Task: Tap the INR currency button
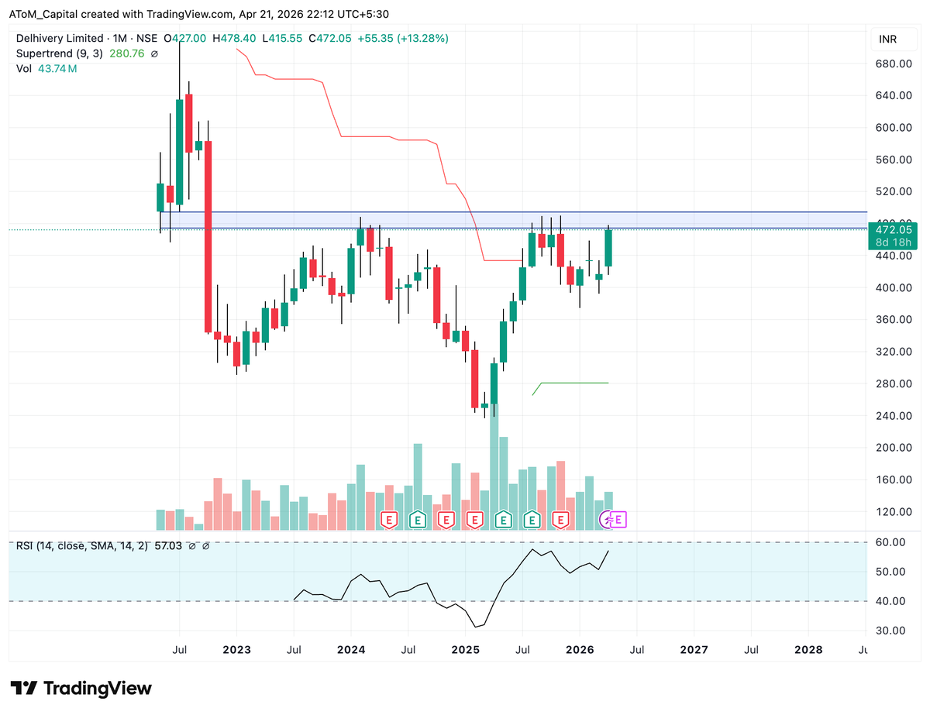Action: click(x=887, y=40)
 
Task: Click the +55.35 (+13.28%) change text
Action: click(x=403, y=38)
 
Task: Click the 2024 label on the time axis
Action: click(x=350, y=649)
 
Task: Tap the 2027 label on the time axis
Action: click(x=694, y=649)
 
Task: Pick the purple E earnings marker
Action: click(x=619, y=519)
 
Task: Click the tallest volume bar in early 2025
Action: click(x=494, y=465)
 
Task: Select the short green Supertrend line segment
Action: click(x=573, y=383)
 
